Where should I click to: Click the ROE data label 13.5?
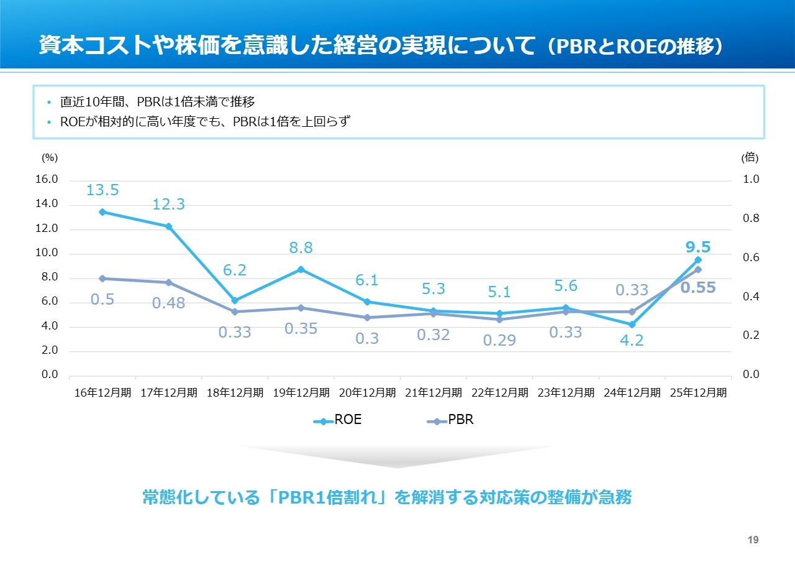pyautogui.click(x=102, y=190)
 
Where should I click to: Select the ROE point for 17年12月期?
pyautogui.click(x=168, y=226)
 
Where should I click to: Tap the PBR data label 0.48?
pyautogui.click(x=168, y=304)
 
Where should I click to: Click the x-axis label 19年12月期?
pyautogui.click(x=301, y=393)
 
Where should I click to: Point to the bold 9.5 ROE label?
pyautogui.click(x=698, y=247)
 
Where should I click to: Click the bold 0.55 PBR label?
pyautogui.click(x=698, y=287)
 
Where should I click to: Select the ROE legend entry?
pyautogui.click(x=338, y=420)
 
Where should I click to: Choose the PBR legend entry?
pyautogui.click(x=452, y=420)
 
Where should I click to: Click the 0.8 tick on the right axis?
pyautogui.click(x=751, y=218)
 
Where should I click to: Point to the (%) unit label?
pyautogui.click(x=49, y=158)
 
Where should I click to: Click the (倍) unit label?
pyautogui.click(x=750, y=158)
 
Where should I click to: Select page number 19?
pyautogui.click(x=753, y=540)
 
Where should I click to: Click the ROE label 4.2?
pyautogui.click(x=632, y=341)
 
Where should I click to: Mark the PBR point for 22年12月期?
pyautogui.click(x=499, y=320)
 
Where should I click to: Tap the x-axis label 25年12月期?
pyautogui.click(x=698, y=393)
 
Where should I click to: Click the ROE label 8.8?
pyautogui.click(x=301, y=247)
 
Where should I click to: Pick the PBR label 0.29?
pyautogui.click(x=499, y=341)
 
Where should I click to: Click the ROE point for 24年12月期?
pyautogui.click(x=632, y=325)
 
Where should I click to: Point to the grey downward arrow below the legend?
pyautogui.click(x=397, y=456)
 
